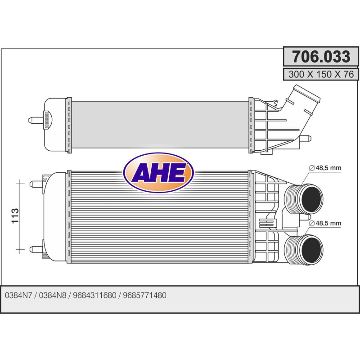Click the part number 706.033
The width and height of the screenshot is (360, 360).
321,57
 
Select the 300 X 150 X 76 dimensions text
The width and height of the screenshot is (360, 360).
321,74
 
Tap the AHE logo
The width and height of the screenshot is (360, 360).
159,173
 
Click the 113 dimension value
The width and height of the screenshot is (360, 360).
15,216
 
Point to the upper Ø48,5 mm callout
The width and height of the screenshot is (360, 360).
325,168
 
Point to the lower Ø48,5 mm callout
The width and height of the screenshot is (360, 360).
325,223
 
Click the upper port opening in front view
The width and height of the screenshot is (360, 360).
311,199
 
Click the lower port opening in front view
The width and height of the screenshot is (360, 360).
311,250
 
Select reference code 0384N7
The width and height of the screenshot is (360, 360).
18,295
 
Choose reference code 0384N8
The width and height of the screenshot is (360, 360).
53,295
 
